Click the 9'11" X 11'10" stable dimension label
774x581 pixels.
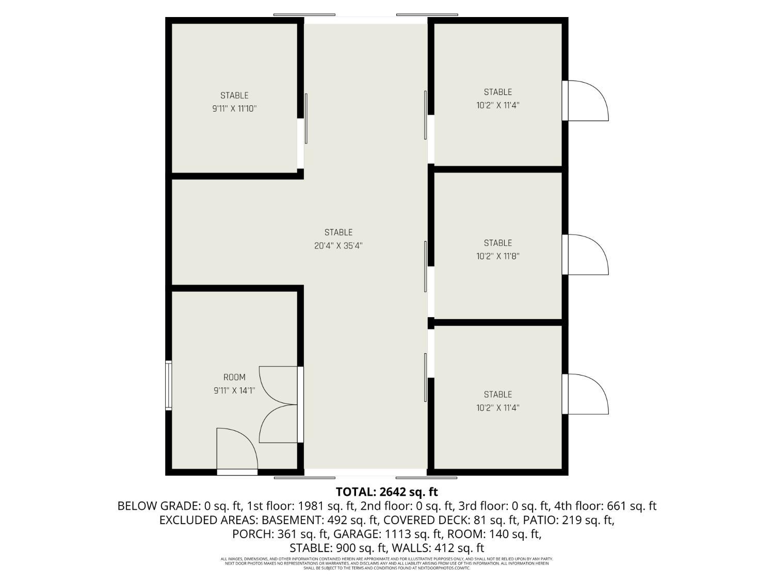tap(234, 109)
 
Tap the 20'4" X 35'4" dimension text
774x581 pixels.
tap(338, 246)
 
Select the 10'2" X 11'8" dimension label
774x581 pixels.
tap(497, 256)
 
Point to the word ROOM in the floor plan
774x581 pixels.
tap(234, 378)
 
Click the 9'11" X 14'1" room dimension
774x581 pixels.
tap(234, 391)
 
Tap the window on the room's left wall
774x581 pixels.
tap(168, 385)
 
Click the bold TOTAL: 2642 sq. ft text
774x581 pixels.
tap(386, 492)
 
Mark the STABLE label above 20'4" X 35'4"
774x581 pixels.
tap(338, 232)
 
